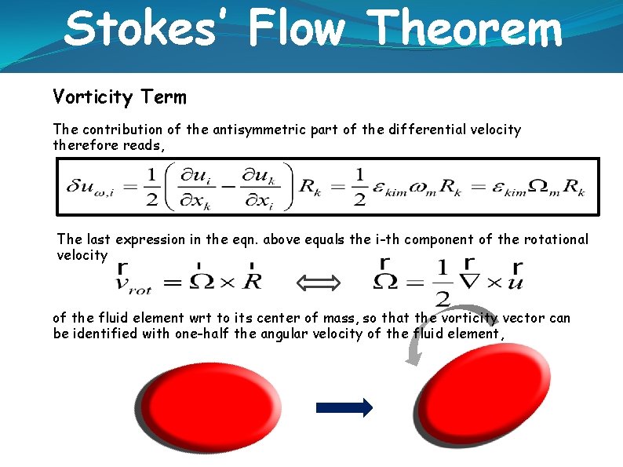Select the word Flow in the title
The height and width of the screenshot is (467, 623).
coord(297,29)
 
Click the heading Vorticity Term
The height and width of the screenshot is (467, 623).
coord(119,97)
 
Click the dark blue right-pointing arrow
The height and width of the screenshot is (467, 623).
coord(344,407)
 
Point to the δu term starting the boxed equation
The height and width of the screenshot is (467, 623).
coord(86,188)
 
